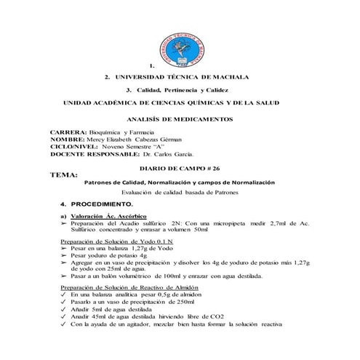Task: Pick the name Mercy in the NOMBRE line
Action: (99, 140)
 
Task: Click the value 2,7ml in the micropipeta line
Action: (268, 225)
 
